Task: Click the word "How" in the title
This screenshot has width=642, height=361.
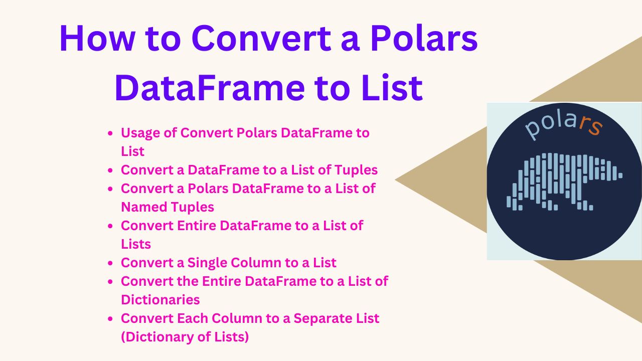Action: pyautogui.click(x=97, y=39)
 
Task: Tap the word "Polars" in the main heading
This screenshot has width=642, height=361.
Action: pyautogui.click(x=424, y=39)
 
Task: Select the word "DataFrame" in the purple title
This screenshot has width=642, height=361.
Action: pyautogui.click(x=209, y=87)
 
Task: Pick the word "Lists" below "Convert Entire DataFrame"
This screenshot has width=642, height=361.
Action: pyautogui.click(x=136, y=244)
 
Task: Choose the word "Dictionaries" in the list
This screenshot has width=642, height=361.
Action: pyautogui.click(x=160, y=300)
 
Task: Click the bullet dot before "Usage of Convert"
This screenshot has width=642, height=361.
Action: pyautogui.click(x=110, y=133)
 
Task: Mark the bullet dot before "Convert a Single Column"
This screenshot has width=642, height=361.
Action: pyautogui.click(x=110, y=263)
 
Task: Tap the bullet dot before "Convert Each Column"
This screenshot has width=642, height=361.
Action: pyautogui.click(x=110, y=318)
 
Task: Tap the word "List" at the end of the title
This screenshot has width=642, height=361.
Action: pyautogui.click(x=392, y=87)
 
